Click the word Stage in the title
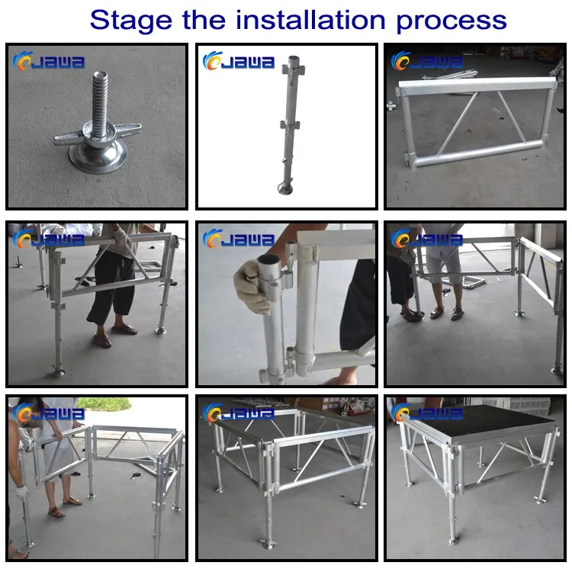pos(131,21)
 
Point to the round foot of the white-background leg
pos(285,188)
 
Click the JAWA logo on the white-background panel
pos(239,61)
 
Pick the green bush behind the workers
pos(104,403)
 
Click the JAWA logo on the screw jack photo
pos(49,61)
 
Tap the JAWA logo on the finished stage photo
pos(427,413)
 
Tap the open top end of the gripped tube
pos(269,261)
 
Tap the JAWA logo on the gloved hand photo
pos(239,239)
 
